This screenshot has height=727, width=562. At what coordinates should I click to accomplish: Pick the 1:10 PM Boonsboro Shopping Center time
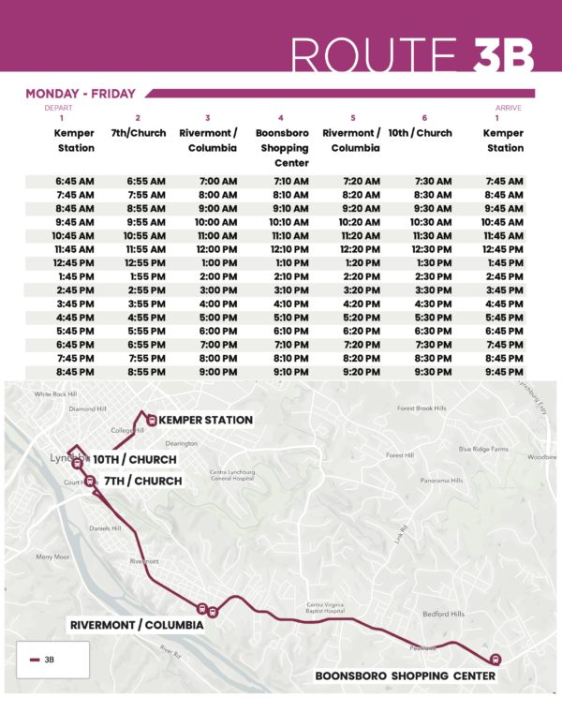(285, 263)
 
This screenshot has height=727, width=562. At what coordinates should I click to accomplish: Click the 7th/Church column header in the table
(138, 133)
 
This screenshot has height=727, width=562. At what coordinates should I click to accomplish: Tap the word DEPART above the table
(58, 108)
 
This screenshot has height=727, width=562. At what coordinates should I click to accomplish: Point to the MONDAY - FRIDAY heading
(81, 94)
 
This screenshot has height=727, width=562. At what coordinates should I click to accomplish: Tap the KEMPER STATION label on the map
(206, 420)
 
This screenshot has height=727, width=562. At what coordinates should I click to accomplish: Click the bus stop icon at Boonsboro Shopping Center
(495, 659)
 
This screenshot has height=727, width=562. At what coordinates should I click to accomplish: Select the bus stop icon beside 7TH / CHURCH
(90, 482)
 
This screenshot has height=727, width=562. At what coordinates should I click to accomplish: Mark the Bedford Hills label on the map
(444, 615)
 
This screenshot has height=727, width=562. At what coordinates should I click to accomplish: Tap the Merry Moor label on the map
(52, 556)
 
